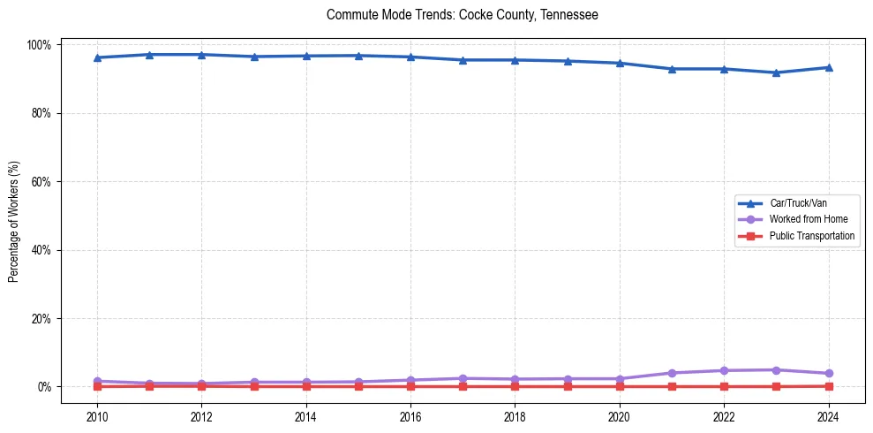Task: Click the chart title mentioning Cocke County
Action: pos(462,15)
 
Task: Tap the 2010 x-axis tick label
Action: pos(97,417)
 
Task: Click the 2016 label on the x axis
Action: pos(410,417)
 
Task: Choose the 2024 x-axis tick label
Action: pos(828,417)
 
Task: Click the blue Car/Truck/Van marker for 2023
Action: pos(776,72)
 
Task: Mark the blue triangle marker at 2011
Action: pos(149,55)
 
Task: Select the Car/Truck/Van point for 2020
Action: pos(620,63)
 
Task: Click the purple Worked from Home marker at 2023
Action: pos(776,370)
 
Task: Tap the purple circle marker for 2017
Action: pos(463,378)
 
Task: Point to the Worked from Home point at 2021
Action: pos(672,373)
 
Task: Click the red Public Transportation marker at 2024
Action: pos(828,386)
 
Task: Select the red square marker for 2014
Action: pos(306,386)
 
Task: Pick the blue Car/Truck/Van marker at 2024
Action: pos(828,67)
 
